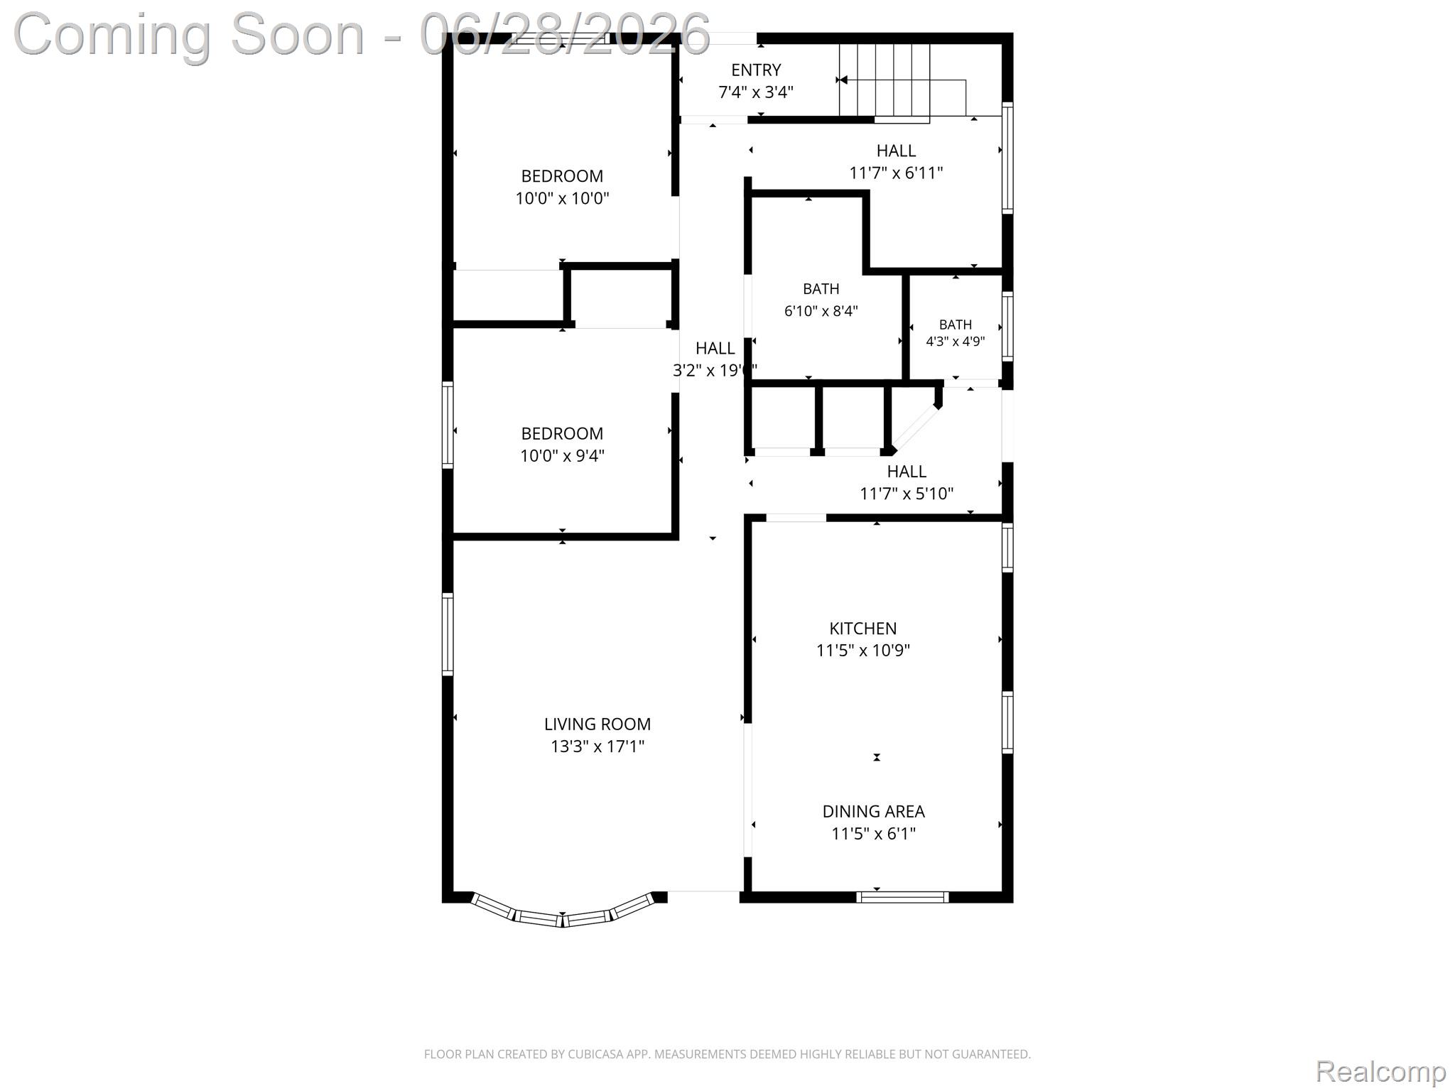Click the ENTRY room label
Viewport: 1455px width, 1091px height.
756,70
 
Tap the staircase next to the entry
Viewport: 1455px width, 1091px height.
885,80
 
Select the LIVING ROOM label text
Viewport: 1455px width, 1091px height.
597,724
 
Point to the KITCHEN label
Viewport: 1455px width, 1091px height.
863,628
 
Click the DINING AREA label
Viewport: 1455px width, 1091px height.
874,811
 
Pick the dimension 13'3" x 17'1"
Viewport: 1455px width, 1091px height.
597,747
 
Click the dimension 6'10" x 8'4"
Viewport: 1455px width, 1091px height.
821,311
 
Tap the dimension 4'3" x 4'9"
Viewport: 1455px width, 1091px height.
956,342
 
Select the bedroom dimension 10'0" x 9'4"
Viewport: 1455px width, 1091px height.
562,455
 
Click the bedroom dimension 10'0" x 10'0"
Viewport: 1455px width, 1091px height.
562,198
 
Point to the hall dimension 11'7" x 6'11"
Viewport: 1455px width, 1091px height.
896,173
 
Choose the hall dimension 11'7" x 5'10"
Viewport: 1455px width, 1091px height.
907,494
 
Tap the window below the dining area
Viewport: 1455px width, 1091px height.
902,897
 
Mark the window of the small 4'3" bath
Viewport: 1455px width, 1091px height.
1007,326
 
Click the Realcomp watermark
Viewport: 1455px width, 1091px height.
1380,1071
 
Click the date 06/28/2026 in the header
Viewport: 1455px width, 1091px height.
565,34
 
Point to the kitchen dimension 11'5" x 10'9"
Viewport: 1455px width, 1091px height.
863,651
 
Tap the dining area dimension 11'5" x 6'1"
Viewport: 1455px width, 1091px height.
874,834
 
